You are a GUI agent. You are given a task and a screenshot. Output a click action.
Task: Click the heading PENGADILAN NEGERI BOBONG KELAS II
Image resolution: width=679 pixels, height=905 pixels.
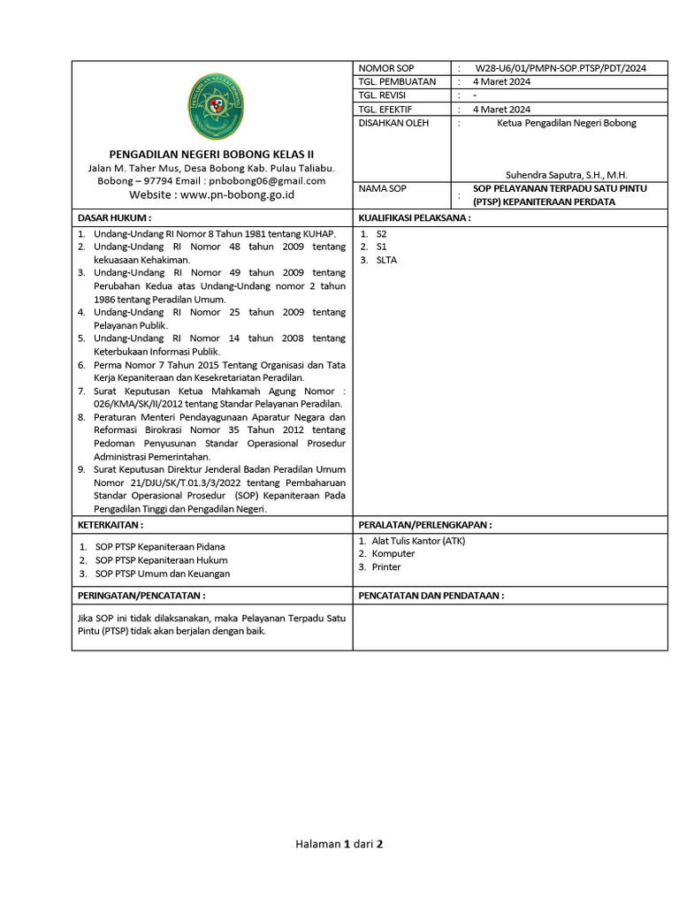[212, 155]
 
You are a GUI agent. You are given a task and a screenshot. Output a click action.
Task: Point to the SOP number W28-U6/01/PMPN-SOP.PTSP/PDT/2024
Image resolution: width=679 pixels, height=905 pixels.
[561, 68]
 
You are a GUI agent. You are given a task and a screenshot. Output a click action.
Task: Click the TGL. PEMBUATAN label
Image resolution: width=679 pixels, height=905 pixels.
[397, 81]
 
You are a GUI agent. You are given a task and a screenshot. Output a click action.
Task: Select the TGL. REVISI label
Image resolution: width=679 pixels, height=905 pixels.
[381, 95]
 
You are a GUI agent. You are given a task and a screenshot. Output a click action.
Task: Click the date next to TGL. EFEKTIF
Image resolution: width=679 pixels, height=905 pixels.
[501, 110]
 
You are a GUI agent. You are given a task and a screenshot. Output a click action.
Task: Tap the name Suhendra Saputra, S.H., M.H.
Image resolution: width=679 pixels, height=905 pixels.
[566, 175]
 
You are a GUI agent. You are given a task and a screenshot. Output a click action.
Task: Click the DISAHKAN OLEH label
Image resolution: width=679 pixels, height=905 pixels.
[393, 123]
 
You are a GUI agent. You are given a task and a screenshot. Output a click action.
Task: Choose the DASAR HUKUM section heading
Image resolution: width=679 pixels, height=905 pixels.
[115, 217]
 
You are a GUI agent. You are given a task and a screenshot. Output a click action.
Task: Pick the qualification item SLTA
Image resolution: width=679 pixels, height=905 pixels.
[386, 260]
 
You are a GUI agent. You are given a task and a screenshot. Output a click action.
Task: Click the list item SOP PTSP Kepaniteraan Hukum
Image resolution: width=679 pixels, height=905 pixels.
[161, 559]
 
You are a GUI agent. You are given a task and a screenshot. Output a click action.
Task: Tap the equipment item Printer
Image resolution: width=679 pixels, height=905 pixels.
[386, 567]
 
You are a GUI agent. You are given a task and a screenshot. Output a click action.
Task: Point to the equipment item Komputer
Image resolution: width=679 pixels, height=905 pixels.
[393, 554]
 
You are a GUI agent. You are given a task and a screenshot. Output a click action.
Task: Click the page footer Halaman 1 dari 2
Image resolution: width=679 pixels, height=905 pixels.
[339, 844]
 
